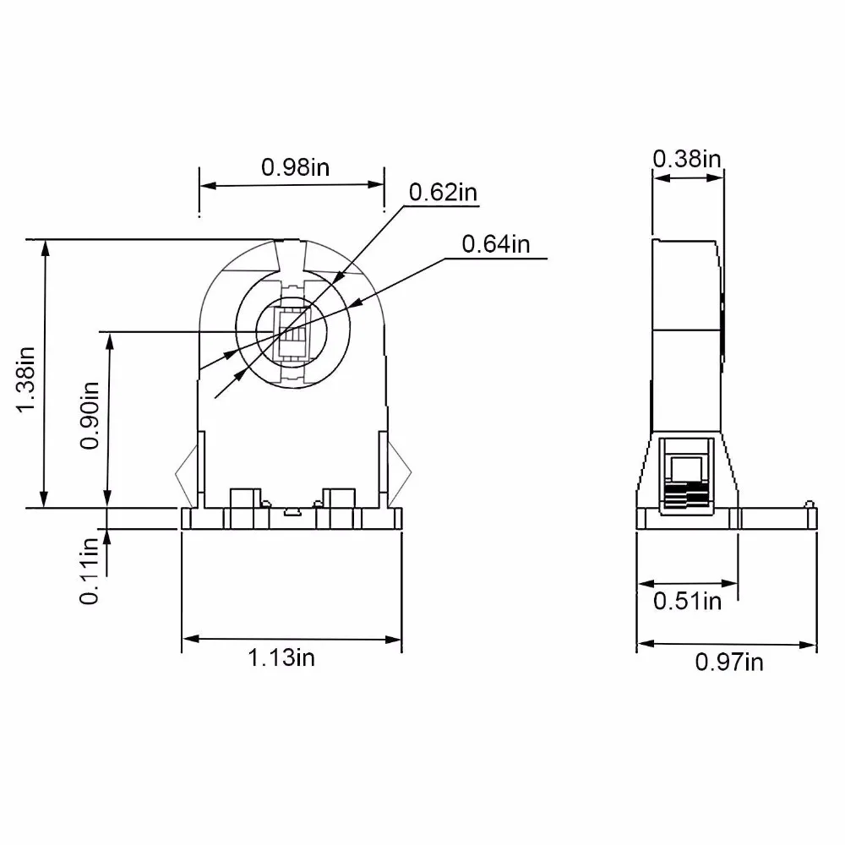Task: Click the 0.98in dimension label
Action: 295,167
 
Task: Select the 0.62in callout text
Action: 443,193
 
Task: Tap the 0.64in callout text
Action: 496,244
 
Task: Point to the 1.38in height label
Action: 25,380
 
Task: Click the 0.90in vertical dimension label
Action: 90,415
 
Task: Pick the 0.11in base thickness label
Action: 90,570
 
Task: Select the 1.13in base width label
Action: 281,657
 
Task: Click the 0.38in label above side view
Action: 686,159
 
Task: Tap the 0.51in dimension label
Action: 687,601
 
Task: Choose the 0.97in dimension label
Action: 729,662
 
